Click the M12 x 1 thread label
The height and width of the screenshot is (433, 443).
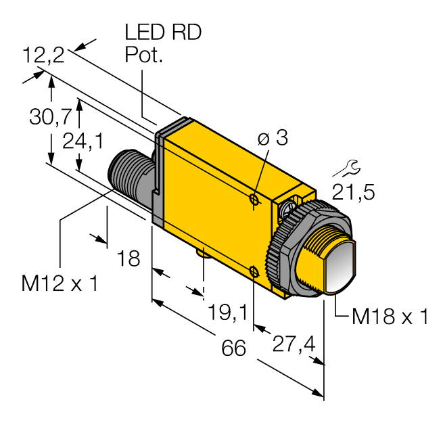click(x=60, y=284)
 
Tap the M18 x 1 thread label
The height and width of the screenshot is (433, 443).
click(x=390, y=316)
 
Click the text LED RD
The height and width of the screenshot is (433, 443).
click(x=163, y=33)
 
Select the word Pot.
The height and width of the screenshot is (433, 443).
click(x=144, y=55)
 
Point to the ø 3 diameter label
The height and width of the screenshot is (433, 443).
click(x=273, y=139)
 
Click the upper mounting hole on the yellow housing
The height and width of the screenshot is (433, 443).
click(x=254, y=199)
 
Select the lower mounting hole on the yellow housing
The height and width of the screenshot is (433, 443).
click(x=254, y=272)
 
